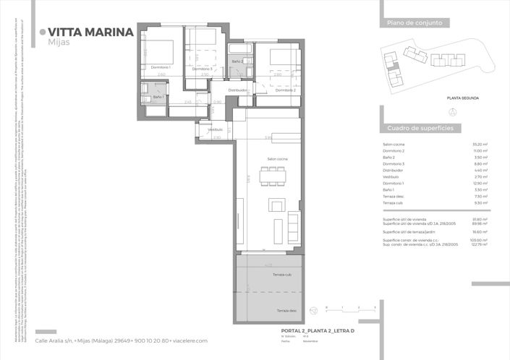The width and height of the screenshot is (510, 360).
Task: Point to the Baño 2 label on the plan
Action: pos(237,62)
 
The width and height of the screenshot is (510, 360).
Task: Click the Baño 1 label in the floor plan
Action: pos(158,97)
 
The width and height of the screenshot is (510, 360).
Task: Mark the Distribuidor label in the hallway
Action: pos(238,90)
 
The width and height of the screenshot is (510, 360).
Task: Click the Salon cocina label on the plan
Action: pos(278,159)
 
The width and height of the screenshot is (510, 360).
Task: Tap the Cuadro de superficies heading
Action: pos(420,127)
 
